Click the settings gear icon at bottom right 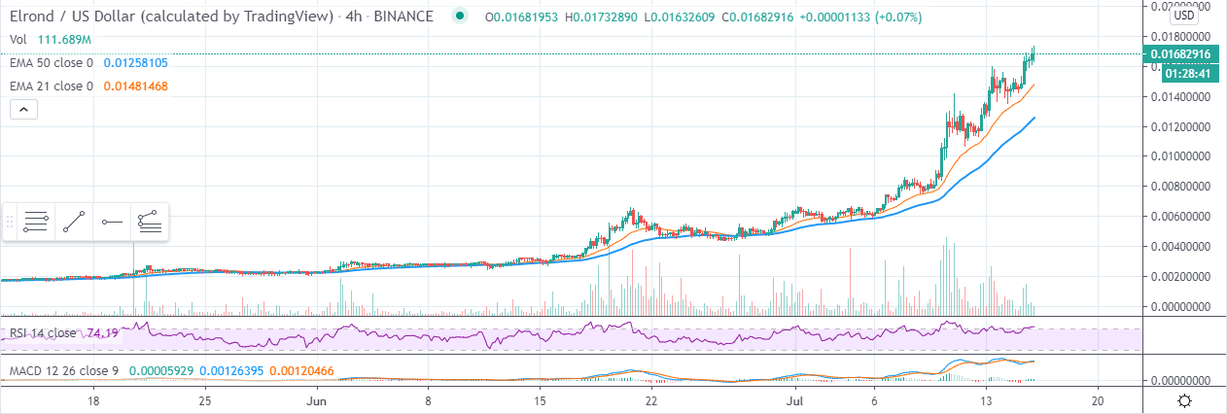[1184, 400]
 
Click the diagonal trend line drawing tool [74, 222]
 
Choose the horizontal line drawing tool [112, 222]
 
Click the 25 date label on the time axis [205, 400]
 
